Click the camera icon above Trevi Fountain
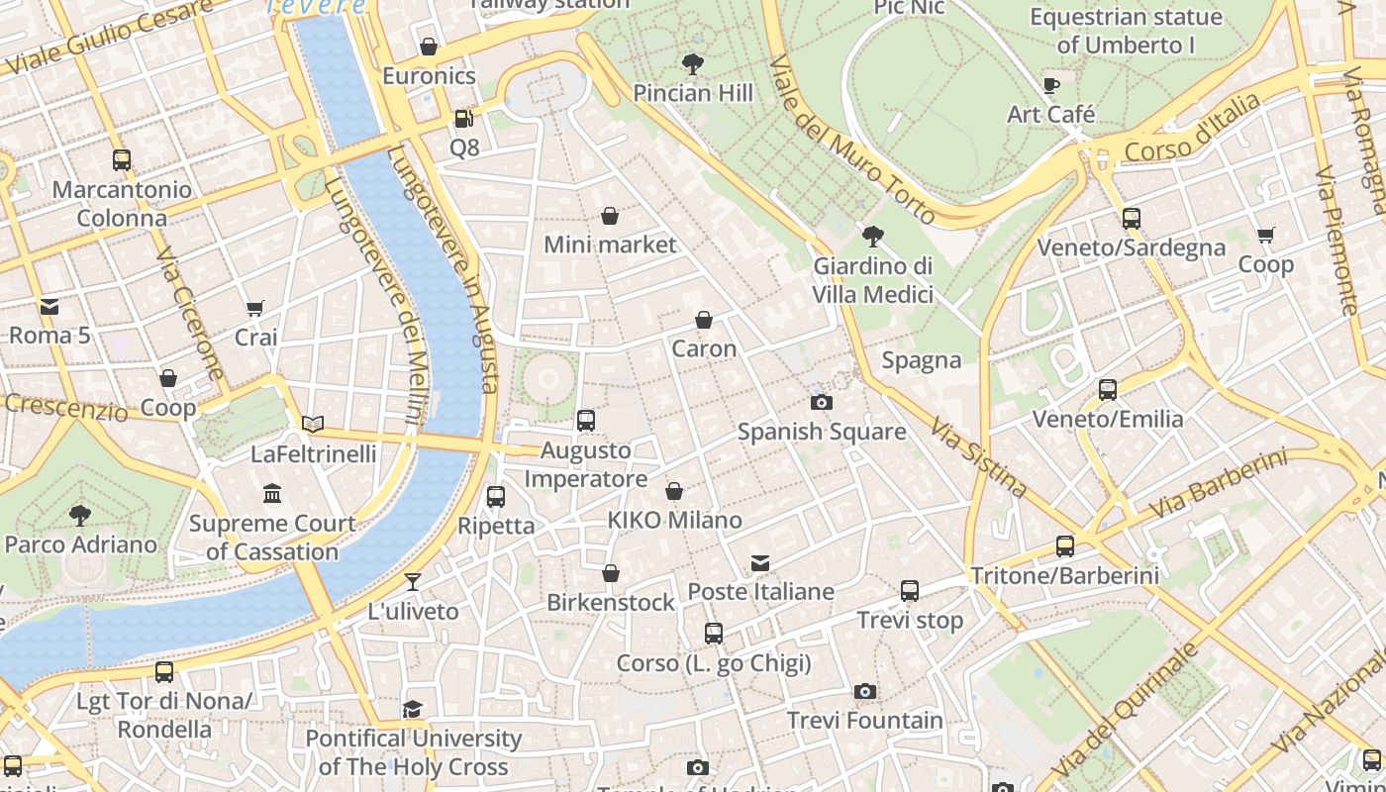(865, 691)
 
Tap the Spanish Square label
(822, 432)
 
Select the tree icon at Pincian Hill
(693, 64)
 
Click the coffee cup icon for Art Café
(1051, 86)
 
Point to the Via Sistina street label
(978, 456)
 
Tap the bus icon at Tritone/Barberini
(1065, 545)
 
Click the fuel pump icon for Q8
(463, 119)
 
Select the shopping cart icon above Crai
(255, 309)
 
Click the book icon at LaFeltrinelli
(313, 425)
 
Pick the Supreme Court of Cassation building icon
(272, 493)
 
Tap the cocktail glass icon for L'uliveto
(413, 582)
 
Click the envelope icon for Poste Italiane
(759, 563)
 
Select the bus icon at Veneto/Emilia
(1108, 390)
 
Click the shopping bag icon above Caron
(704, 320)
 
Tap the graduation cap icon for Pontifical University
(412, 709)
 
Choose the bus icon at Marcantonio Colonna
(122, 160)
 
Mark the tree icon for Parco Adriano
(80, 515)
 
